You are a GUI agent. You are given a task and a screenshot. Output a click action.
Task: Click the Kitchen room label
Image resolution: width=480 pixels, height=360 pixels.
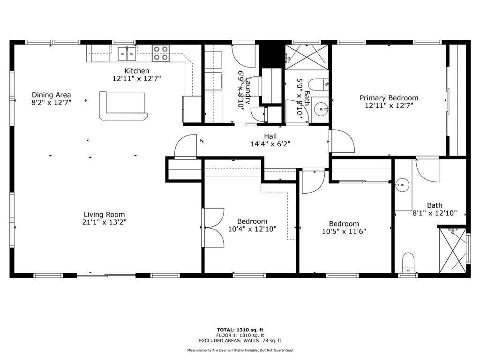137,71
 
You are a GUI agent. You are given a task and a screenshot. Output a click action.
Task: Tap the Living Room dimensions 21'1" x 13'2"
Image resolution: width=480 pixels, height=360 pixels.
104,222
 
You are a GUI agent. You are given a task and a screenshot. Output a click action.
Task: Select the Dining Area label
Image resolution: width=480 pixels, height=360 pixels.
52,95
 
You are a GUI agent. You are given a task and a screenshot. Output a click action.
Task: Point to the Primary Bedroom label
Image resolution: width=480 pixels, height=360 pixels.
389,98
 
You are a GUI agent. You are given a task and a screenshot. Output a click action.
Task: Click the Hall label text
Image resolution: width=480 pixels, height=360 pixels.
270,136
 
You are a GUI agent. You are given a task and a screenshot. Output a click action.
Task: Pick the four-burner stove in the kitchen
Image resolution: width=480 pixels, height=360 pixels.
160,53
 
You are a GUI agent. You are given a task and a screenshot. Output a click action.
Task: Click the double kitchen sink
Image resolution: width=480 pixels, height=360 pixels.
127,54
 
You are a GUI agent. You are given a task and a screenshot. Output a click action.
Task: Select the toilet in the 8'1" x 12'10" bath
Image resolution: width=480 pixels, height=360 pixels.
409,262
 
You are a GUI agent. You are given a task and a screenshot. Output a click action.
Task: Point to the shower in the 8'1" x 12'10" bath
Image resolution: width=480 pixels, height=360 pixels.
452,250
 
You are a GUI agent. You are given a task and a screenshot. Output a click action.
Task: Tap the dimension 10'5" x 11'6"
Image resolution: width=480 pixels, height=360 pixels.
344,231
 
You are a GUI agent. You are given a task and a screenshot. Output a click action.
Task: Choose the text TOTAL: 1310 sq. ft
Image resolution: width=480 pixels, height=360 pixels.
240,330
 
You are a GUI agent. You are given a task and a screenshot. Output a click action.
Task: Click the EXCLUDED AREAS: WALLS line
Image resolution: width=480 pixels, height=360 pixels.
240,341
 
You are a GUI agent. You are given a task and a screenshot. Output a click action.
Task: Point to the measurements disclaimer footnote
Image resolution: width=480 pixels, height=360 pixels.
240,350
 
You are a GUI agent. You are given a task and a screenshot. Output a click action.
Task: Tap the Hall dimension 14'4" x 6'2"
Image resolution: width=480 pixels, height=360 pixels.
270,144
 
